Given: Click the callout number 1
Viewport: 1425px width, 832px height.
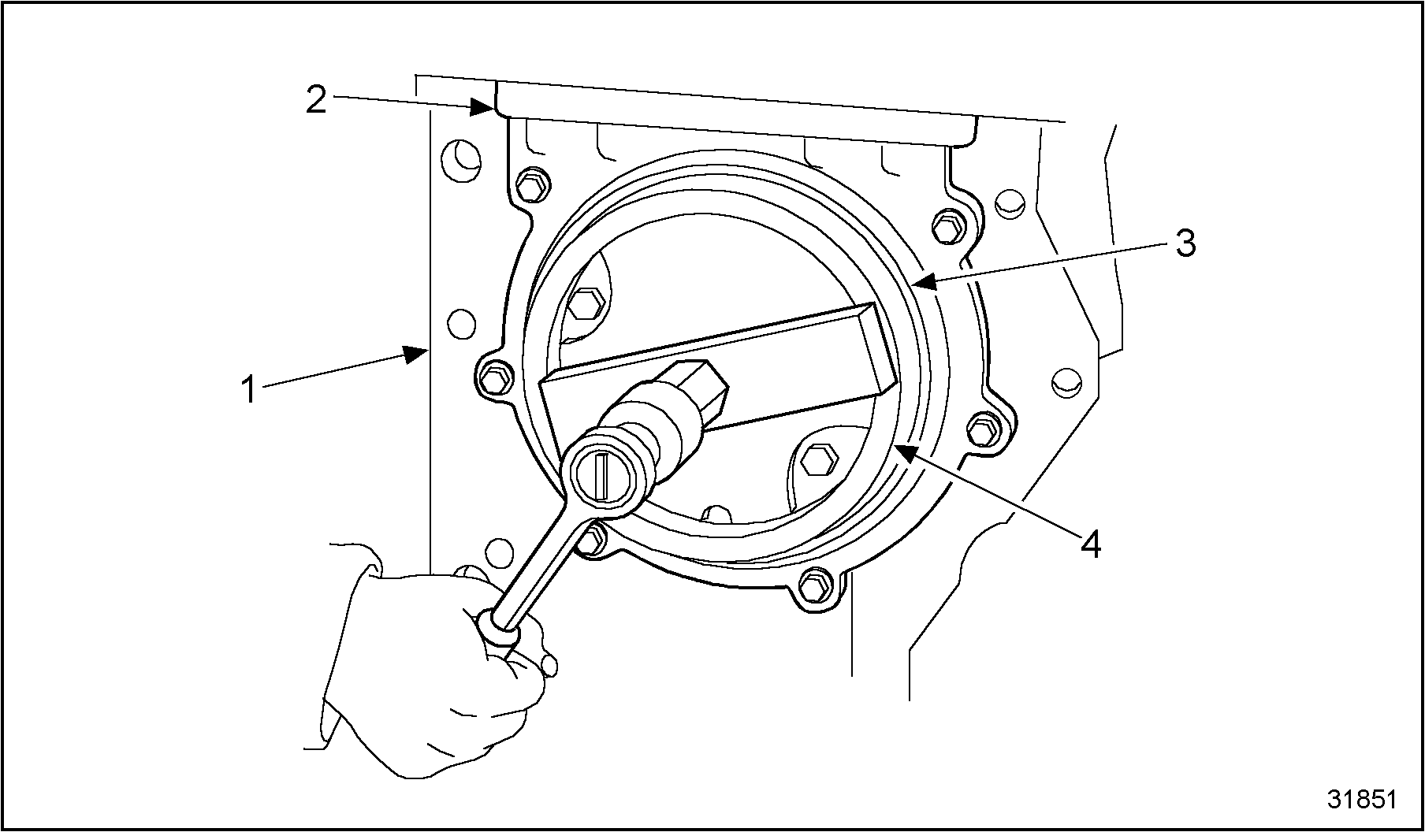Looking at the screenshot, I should pyautogui.click(x=249, y=389).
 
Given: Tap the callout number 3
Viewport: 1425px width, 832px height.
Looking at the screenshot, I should pyautogui.click(x=1185, y=243).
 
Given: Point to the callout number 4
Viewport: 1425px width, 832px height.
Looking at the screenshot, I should pyautogui.click(x=1091, y=544).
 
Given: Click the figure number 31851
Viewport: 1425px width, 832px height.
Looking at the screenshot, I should pyautogui.click(x=1362, y=799).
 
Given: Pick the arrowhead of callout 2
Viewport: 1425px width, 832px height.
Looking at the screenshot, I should pyautogui.click(x=483, y=108).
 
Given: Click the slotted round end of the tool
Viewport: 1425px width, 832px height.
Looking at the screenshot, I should pyautogui.click(x=603, y=477).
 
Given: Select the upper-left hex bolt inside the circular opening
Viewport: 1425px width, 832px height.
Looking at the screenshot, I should pyautogui.click(x=585, y=303).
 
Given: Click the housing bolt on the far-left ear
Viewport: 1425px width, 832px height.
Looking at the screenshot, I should pyautogui.click(x=494, y=376).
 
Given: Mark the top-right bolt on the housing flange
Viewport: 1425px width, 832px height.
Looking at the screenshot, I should pyautogui.click(x=946, y=227).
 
